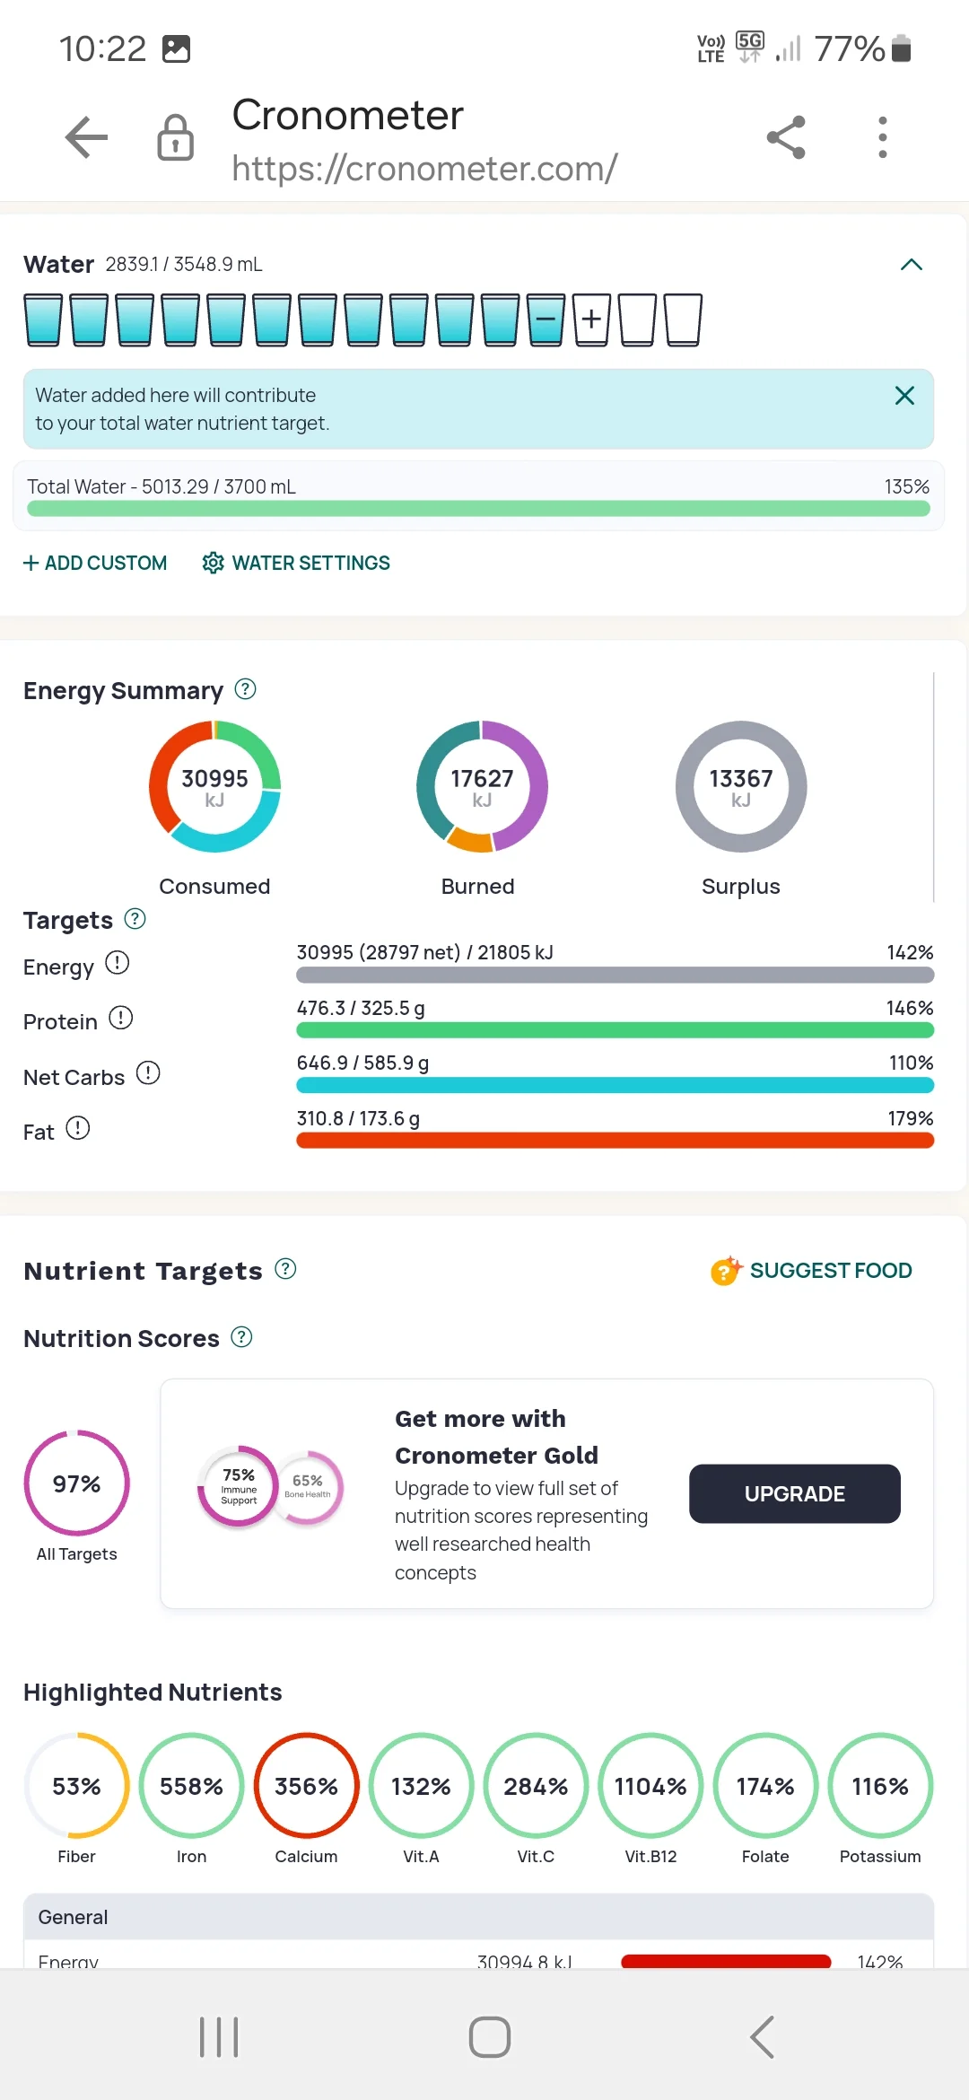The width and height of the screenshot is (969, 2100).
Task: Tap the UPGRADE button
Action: pyautogui.click(x=794, y=1493)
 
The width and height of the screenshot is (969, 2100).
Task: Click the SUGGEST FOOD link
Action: pyautogui.click(x=812, y=1270)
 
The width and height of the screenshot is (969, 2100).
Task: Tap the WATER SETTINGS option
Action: pyautogui.click(x=296, y=563)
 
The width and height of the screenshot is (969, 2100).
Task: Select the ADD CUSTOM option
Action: pyautogui.click(x=95, y=563)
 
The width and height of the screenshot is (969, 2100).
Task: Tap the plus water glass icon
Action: pyautogui.click(x=591, y=319)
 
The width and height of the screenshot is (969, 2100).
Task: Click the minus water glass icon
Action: pyautogui.click(x=546, y=319)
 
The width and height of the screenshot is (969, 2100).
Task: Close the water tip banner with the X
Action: pyautogui.click(x=904, y=396)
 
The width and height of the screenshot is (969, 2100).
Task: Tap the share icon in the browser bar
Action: pyautogui.click(x=786, y=137)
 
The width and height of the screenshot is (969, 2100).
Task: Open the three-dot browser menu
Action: pyautogui.click(x=883, y=137)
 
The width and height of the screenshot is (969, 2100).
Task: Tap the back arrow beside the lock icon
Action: pyautogui.click(x=87, y=137)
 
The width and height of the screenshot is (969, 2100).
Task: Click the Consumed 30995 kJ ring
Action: pyautogui.click(x=214, y=786)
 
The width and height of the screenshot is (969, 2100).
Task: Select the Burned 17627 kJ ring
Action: pyautogui.click(x=482, y=786)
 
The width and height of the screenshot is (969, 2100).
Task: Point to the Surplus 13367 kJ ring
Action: pyautogui.click(x=741, y=786)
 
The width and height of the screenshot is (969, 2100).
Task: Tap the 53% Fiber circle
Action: pyautogui.click(x=77, y=1786)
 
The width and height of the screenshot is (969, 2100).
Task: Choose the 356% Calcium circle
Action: pyautogui.click(x=307, y=1786)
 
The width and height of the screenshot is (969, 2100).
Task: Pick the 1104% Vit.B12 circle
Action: pyautogui.click(x=650, y=1786)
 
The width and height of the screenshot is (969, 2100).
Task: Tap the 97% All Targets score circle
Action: pyautogui.click(x=77, y=1483)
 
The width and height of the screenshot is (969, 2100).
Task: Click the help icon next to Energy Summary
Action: pyautogui.click(x=245, y=689)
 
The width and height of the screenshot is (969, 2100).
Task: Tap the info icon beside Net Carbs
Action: pyautogui.click(x=148, y=1073)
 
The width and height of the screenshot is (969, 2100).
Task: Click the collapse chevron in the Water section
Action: pyautogui.click(x=912, y=264)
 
